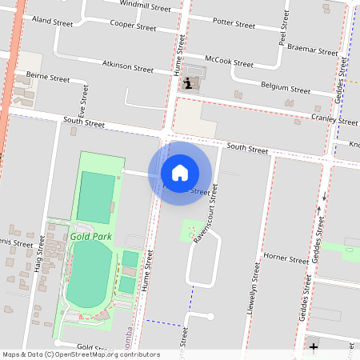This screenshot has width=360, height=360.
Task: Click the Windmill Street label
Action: pos(145,6)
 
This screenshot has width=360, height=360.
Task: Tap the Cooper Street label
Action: pos(133,26)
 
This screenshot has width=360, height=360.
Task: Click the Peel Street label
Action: pos(282,33)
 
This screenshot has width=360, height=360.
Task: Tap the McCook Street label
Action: pos(229,61)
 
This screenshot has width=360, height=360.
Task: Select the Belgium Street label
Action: pos(286,87)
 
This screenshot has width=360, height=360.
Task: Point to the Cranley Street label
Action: pos(335,120)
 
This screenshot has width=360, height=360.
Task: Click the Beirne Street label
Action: pos(48,78)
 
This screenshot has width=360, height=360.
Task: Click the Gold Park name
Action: pos(90,237)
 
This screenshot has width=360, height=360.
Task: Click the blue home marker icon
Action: pos(180,172)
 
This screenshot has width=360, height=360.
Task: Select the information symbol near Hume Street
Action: pos(187,82)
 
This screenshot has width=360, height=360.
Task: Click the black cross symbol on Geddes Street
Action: pos(314,347)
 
